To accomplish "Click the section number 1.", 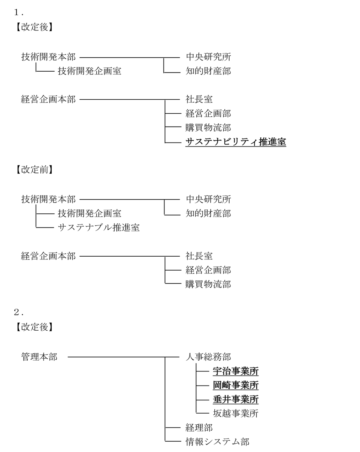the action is [18, 12].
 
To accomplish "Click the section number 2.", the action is [18, 312].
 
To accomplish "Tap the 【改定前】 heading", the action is [34, 169].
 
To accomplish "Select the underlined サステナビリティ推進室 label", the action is [236, 142].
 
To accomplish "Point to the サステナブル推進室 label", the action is [99, 227].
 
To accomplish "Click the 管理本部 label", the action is [40, 357].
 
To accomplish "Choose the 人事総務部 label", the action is [208, 357].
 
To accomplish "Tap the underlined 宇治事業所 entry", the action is [236, 371].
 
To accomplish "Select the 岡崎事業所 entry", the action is [236, 385].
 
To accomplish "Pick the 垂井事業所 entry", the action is [236, 399].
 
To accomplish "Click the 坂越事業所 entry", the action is [236, 414].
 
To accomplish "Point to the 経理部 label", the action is [199, 428].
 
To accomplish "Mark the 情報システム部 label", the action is [218, 442].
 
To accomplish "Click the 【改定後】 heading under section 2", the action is [34, 327].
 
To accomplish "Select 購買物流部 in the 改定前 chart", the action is [208, 284].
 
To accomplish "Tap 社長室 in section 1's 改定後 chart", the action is [199, 99].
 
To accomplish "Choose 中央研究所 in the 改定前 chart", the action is [208, 199].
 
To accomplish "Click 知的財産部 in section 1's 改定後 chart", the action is [208, 71].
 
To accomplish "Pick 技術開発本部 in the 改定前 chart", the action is [48, 199].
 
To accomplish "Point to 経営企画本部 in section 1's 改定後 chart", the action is [48, 99].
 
